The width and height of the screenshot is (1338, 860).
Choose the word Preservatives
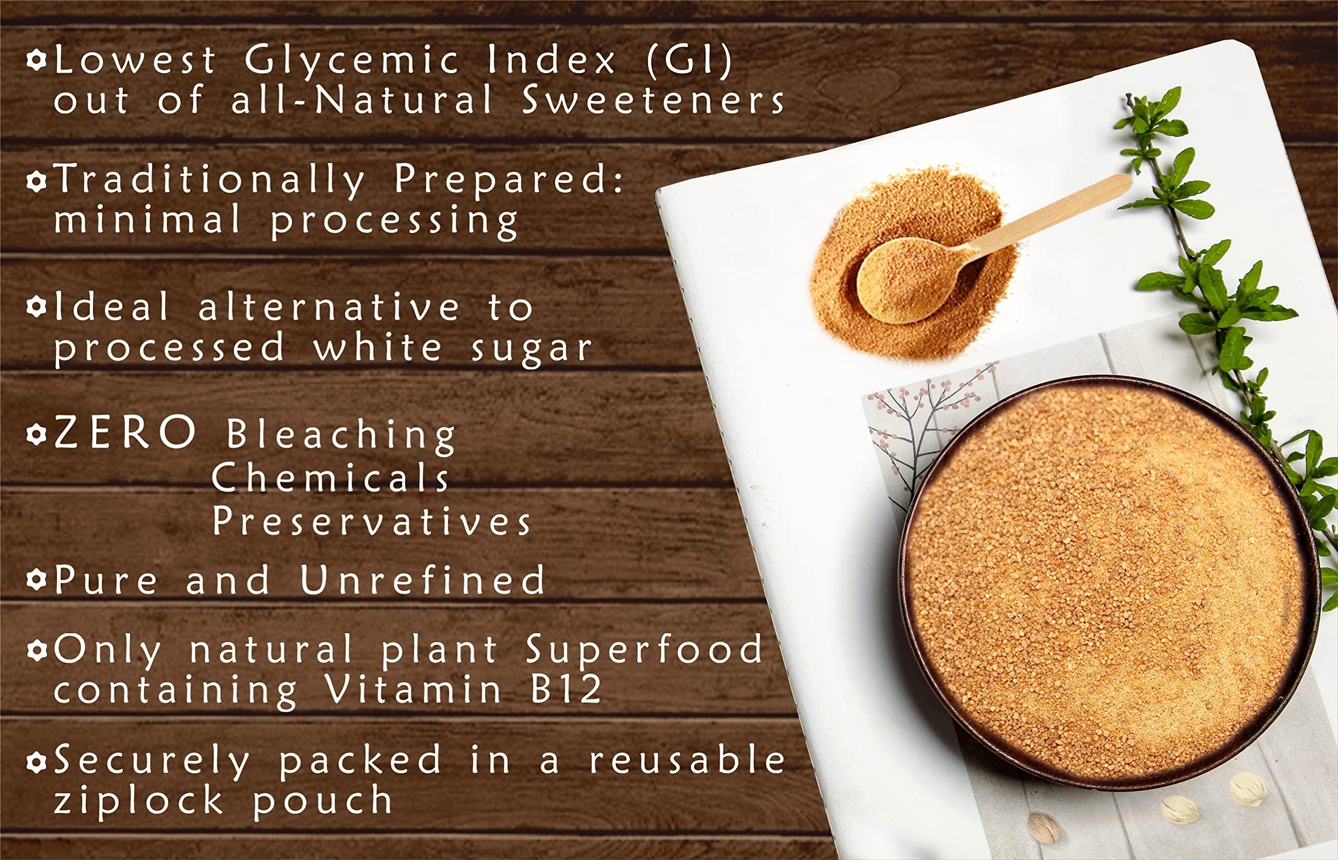[x=372, y=522]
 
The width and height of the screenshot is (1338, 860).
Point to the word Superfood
[x=645, y=650]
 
